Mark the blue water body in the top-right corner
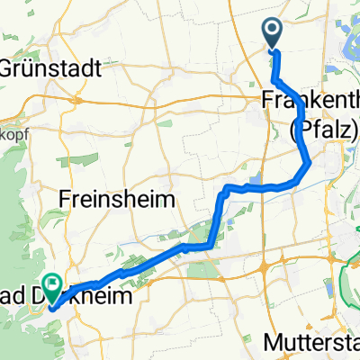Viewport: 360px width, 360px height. coord(346,22)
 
